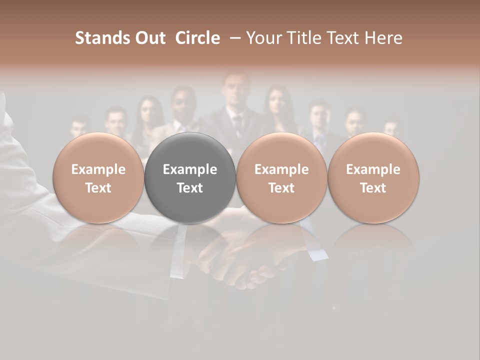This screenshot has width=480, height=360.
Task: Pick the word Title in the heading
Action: click(305, 38)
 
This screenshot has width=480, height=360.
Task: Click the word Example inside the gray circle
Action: click(190, 169)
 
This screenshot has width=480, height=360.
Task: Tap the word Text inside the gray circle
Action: click(190, 188)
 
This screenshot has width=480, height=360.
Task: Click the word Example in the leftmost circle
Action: click(98, 169)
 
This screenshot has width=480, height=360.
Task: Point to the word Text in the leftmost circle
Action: click(98, 188)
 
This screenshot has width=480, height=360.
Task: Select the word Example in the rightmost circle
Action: click(373, 169)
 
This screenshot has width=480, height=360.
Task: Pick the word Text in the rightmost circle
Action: click(373, 188)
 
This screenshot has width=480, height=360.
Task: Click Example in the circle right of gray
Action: click(281, 169)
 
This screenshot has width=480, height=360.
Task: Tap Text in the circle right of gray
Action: click(281, 188)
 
